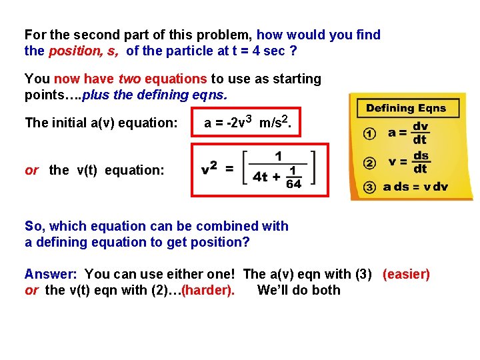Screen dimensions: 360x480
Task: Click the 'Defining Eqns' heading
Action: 406,108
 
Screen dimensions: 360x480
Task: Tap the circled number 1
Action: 369,133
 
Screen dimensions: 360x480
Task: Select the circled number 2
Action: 369,161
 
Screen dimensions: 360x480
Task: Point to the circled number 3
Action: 369,187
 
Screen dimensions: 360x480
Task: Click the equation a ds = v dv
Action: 416,187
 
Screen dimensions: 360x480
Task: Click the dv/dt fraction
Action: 420,133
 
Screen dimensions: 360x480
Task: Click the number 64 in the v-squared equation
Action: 293,183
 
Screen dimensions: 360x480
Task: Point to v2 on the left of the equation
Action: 209,169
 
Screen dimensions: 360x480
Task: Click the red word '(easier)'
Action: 406,274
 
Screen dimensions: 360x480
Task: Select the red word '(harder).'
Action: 207,290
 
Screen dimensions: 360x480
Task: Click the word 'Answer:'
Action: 51,274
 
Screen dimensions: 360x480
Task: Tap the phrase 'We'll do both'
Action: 298,290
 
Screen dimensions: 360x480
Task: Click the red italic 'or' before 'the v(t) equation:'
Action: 32,170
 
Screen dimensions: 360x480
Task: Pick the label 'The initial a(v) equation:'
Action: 101,123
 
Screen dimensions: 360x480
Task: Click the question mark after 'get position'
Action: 247,242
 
